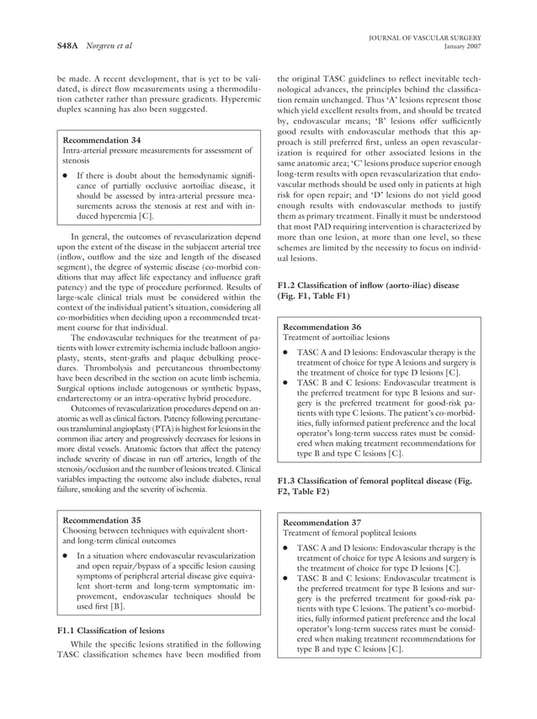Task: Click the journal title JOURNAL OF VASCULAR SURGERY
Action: [429, 37]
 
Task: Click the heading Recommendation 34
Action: [102, 139]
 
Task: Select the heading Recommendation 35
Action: [102, 519]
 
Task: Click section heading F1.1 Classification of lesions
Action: [109, 630]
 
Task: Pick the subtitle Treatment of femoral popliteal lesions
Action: [349, 533]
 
